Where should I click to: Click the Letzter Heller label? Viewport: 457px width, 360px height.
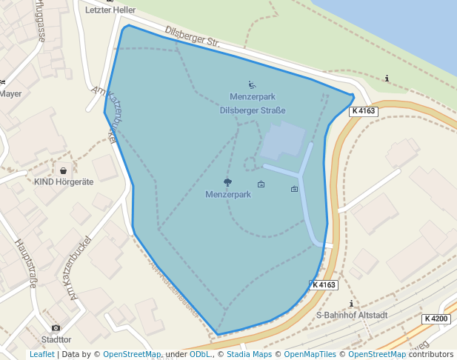click(110, 10)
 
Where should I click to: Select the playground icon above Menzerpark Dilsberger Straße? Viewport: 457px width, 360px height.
click(252, 85)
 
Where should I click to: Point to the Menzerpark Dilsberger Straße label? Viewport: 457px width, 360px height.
click(253, 104)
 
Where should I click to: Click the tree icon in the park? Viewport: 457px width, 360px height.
click(227, 182)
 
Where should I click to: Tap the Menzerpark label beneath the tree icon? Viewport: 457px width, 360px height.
click(228, 195)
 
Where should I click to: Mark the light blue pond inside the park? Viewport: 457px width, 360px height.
click(282, 140)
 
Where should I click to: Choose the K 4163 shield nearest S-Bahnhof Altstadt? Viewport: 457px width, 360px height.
click(324, 284)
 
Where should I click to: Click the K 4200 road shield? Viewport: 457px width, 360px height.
click(436, 319)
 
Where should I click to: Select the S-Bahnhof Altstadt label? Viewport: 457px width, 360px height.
click(351, 315)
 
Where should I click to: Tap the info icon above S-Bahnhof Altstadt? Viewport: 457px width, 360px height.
click(351, 304)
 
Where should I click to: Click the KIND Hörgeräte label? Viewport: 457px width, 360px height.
click(64, 181)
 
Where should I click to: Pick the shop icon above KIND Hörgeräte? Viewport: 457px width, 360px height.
click(63, 170)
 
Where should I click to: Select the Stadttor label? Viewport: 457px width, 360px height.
click(56, 339)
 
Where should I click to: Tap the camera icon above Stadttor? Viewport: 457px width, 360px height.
click(56, 328)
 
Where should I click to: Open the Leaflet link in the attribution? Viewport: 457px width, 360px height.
click(41, 355)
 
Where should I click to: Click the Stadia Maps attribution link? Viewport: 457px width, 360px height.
click(249, 355)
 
